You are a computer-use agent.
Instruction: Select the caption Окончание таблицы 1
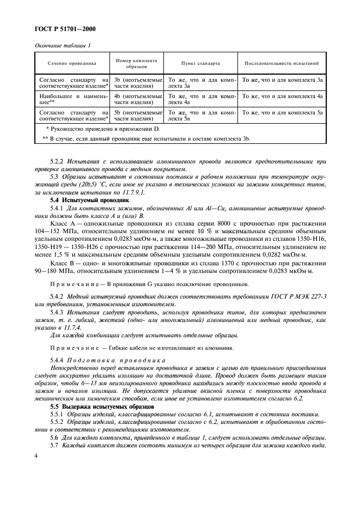click(63, 46)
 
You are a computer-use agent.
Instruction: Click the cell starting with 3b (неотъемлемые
click(137, 83)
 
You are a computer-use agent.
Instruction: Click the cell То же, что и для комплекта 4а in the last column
click(283, 96)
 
